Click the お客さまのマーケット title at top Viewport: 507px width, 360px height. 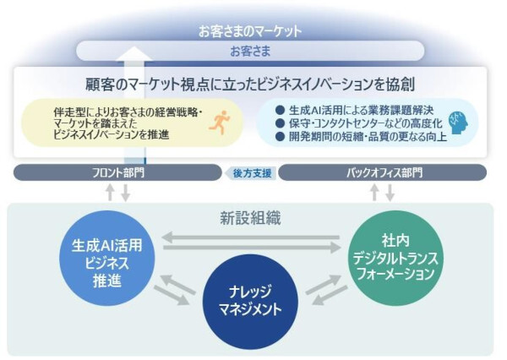(x=250, y=30)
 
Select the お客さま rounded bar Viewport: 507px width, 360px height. (x=250, y=51)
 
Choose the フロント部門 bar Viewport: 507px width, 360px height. (x=118, y=172)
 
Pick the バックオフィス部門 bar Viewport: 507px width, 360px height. (x=384, y=172)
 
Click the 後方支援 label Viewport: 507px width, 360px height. (x=251, y=172)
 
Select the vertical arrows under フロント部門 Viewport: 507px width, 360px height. (x=117, y=192)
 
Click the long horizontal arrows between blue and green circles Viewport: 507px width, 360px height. (x=251, y=243)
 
